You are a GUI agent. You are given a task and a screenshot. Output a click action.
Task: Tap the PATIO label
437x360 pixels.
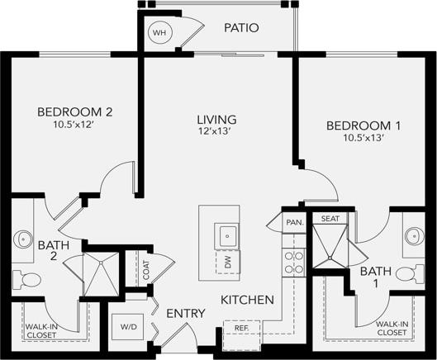click(241, 28)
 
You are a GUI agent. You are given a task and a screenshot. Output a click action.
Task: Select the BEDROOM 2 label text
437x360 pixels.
click(74, 111)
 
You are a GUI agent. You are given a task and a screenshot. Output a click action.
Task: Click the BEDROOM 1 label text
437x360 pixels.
click(363, 126)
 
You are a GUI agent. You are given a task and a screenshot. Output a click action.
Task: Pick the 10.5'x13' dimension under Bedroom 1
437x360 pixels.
click(363, 138)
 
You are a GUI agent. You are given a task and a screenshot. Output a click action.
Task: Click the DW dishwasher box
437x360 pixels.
click(227, 263)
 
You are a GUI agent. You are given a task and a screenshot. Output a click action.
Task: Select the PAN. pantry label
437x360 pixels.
click(294, 222)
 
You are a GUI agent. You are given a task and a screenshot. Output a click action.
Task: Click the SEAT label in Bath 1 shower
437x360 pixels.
click(330, 219)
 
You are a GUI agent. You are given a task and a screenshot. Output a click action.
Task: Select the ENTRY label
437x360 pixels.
click(186, 314)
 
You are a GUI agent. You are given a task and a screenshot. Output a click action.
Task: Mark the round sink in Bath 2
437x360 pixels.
click(23, 239)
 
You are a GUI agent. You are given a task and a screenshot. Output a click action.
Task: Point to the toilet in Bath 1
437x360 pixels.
click(407, 273)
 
